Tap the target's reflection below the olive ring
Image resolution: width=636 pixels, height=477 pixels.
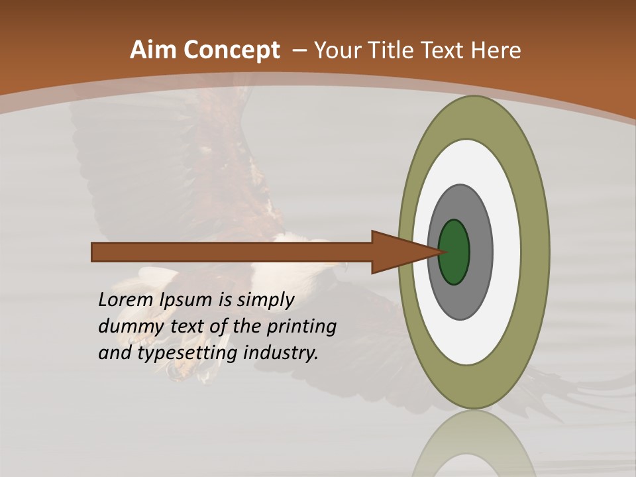(474, 444)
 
